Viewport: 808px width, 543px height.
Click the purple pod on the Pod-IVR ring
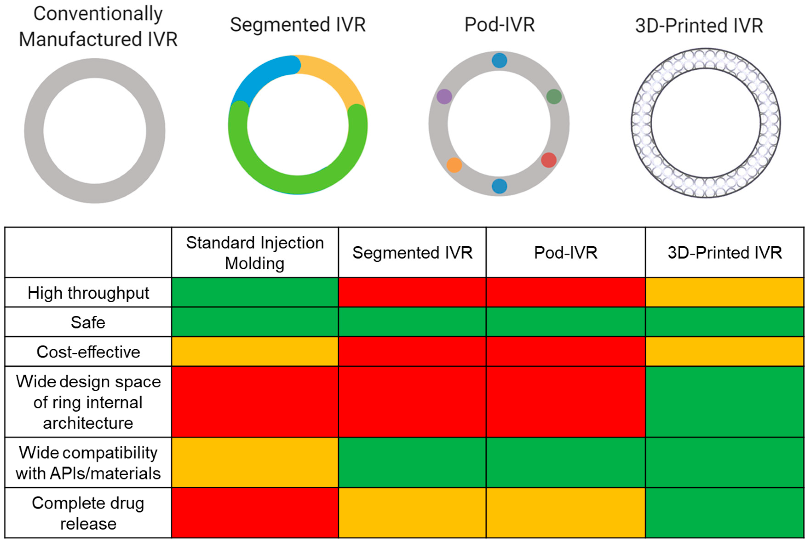[444, 96]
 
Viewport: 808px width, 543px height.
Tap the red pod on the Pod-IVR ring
[549, 160]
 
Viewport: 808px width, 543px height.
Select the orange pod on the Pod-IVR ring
[454, 165]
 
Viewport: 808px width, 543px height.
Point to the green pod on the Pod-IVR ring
[554, 96]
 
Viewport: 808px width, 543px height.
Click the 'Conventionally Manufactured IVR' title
[98, 27]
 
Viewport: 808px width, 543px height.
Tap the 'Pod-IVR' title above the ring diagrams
[499, 25]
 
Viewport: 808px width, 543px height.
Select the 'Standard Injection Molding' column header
[255, 252]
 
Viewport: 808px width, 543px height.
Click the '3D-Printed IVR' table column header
[725, 252]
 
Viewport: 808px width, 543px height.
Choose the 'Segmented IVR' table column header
[412, 252]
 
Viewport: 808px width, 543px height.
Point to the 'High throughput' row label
[88, 293]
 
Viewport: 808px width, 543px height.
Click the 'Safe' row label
[88, 322]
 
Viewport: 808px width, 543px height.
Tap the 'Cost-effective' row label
[88, 352]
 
